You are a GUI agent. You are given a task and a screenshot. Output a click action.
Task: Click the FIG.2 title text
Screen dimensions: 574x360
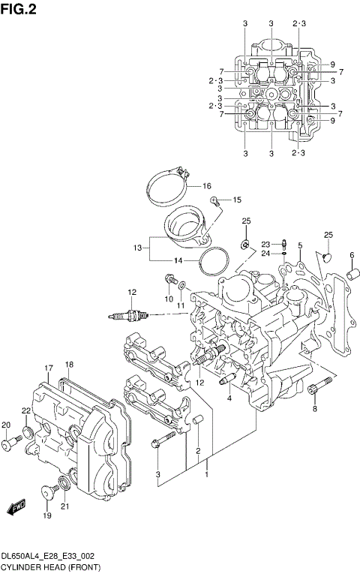point(19,9)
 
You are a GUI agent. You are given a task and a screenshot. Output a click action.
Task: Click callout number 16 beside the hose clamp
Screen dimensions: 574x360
point(206,186)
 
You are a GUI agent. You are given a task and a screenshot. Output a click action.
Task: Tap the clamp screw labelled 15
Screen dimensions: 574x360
point(215,200)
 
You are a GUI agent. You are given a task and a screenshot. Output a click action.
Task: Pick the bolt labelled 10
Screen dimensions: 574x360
point(168,281)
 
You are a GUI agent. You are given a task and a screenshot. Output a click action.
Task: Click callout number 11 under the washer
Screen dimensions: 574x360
point(180,306)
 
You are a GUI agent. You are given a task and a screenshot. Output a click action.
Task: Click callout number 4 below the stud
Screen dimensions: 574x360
point(229,398)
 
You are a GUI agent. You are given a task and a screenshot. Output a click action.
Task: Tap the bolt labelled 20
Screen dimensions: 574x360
point(9,444)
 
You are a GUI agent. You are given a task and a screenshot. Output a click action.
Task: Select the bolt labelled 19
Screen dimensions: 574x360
point(49,492)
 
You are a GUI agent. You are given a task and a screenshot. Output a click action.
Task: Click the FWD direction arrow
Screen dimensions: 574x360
point(17,509)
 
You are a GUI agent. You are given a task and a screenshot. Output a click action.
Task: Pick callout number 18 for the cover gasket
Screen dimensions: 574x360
point(68,365)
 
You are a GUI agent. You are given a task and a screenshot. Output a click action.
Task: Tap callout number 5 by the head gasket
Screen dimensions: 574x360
point(299,245)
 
